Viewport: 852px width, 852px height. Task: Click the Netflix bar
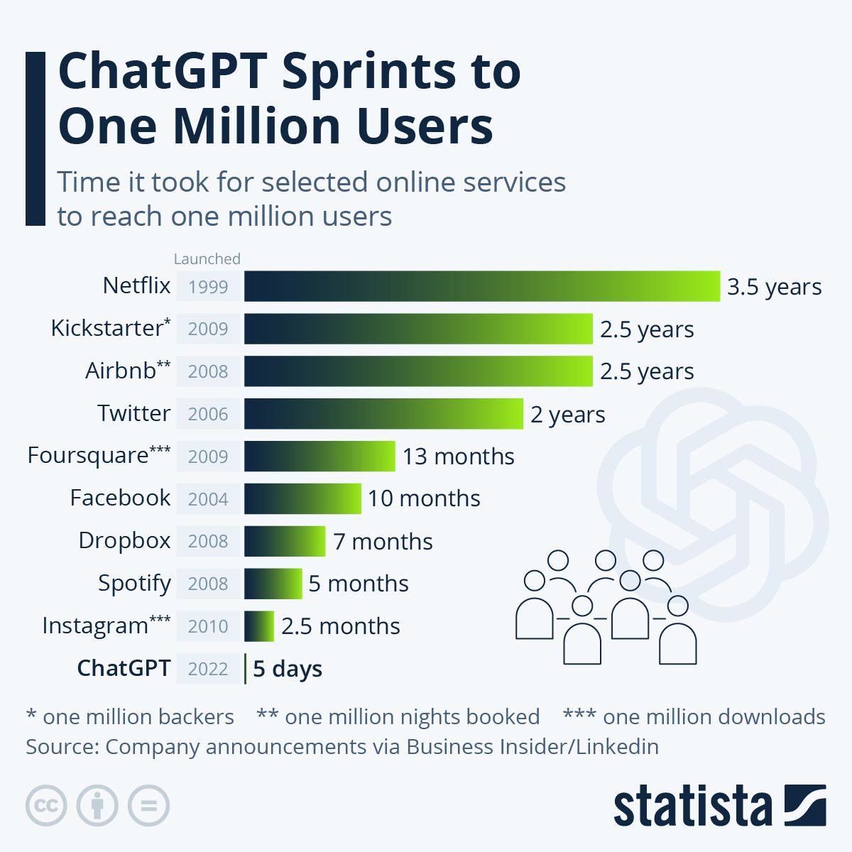481,286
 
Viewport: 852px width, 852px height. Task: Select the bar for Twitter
383,414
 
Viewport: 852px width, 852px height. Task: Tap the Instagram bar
259,626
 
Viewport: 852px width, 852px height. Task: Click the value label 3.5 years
774,287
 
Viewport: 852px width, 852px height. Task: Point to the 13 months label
458,456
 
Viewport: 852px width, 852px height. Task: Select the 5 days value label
288,669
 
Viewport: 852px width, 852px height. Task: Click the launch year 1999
208,287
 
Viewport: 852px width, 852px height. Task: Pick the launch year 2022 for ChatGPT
208,669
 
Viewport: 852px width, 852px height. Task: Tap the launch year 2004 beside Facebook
208,498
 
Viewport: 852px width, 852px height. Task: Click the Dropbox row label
124,540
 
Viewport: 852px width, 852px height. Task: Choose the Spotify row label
134,583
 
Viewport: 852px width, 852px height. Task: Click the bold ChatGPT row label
124,668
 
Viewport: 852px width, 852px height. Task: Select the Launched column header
207,258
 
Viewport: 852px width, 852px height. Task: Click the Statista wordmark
692,807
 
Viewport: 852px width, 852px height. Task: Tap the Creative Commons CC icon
46,806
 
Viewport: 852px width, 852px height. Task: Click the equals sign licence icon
148,806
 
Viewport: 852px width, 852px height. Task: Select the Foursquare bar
319,456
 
